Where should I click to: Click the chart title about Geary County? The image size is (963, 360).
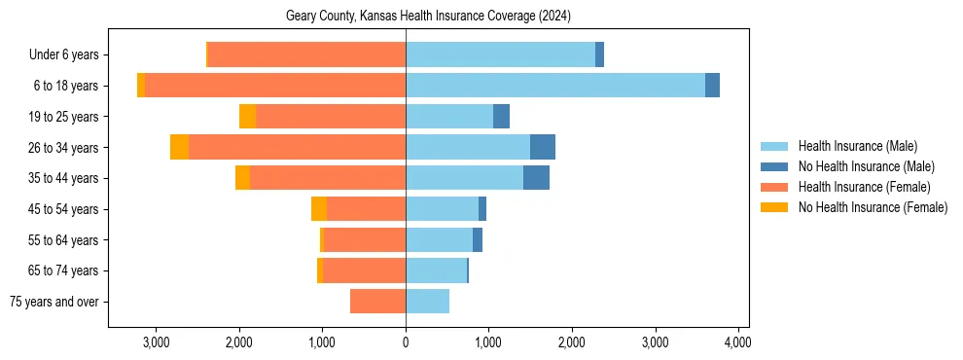tap(428, 17)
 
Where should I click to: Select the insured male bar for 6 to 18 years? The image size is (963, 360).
tap(554, 86)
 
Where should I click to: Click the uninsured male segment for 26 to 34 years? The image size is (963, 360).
tap(543, 147)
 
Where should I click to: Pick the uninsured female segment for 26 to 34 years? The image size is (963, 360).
tap(179, 147)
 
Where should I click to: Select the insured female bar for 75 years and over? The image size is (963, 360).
tap(377, 302)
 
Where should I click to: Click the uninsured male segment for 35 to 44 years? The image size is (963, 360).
tap(536, 178)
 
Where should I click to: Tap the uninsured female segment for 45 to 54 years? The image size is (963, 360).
tap(319, 209)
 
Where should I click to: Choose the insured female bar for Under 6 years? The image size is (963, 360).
tap(306, 54)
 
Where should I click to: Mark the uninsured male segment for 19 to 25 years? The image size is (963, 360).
tap(501, 117)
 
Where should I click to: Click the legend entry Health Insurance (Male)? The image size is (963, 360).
tap(851, 146)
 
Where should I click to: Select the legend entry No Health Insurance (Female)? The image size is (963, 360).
tap(872, 207)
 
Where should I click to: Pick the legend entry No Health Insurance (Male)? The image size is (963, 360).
tap(860, 166)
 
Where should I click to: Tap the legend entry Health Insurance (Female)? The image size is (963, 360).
tap(863, 187)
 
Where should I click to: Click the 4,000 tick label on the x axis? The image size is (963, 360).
tap(737, 342)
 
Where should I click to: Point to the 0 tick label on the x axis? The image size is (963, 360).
tap(406, 342)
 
